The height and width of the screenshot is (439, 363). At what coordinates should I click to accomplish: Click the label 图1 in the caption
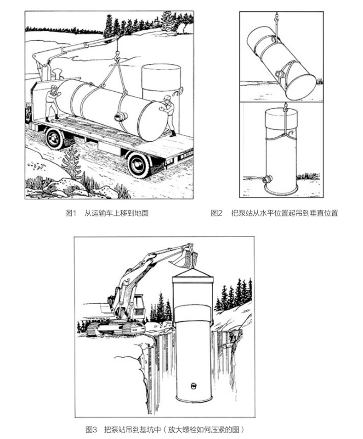[x=71, y=213]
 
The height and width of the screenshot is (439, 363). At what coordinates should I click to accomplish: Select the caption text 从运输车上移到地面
[x=117, y=213]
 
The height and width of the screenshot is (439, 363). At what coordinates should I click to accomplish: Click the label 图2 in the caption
[x=216, y=213]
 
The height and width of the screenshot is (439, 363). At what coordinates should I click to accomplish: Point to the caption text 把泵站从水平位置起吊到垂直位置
[x=285, y=213]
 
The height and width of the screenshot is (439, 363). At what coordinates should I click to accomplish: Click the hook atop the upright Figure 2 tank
[x=285, y=109]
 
